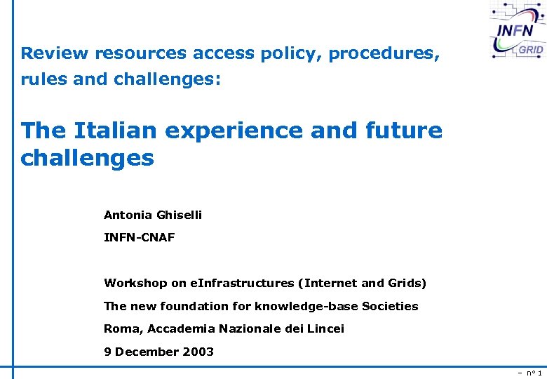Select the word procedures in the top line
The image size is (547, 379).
coord(384,54)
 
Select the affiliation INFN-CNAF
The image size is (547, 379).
coord(139,238)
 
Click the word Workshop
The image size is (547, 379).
coord(135,284)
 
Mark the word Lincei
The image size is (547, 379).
coord(325,328)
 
